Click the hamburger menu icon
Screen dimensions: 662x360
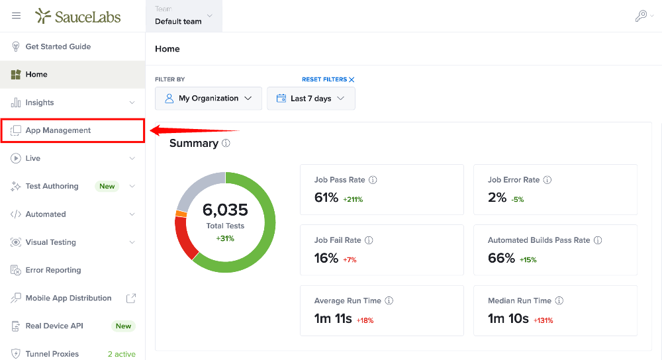coord(16,16)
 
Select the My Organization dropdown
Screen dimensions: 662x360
coord(209,99)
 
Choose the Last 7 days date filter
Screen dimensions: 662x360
coord(311,99)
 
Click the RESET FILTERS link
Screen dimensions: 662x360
coord(328,79)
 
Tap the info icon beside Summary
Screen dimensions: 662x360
coord(226,143)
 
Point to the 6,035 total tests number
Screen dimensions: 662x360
coord(225,210)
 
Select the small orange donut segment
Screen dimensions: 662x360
coord(181,214)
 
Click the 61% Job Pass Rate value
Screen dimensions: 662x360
coord(326,197)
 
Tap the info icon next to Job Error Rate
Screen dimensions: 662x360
coord(547,180)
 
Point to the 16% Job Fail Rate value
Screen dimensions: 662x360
coord(326,258)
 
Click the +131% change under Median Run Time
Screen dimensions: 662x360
coord(544,320)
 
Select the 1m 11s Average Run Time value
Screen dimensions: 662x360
coord(333,319)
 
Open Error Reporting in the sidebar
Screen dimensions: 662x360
coord(53,270)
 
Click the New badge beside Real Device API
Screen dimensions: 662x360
coord(123,326)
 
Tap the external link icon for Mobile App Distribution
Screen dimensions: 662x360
coord(131,298)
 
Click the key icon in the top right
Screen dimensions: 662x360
coord(641,16)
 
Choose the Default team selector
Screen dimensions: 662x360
coord(183,16)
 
